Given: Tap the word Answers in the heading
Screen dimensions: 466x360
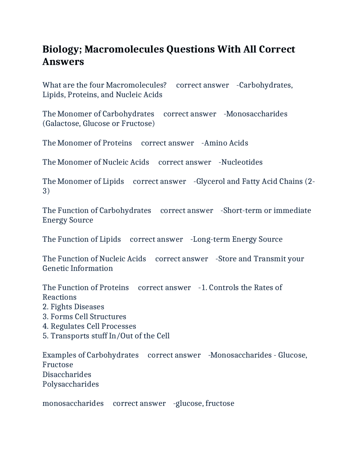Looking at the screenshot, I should point(63,62).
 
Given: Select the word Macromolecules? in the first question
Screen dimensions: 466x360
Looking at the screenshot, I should point(136,85).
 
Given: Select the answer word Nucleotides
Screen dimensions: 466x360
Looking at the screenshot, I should point(242,162).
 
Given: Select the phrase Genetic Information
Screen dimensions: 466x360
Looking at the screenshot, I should point(78,268).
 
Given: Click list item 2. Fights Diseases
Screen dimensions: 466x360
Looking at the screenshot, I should point(73,307).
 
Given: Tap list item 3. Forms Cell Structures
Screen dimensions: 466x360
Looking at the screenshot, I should point(84,317).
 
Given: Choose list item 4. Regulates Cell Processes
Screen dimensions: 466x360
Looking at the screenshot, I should point(89,326).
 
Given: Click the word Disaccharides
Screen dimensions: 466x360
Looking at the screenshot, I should point(67,375).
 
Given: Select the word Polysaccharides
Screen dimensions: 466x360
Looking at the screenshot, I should point(71,384).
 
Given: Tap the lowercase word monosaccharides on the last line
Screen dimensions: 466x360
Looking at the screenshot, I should point(73,404).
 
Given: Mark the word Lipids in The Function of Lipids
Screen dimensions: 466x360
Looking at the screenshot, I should point(110,239).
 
